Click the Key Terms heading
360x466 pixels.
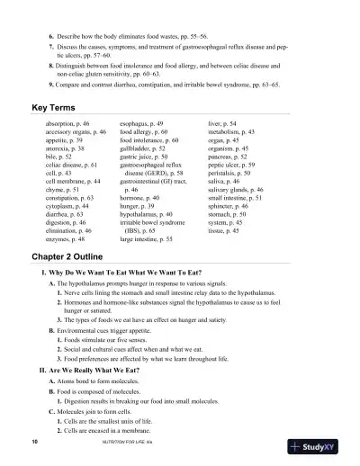pos(51,106)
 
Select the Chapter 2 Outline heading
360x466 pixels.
pos(73,255)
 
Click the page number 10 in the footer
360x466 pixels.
pos(34,444)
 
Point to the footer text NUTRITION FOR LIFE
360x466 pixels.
pos(125,444)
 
